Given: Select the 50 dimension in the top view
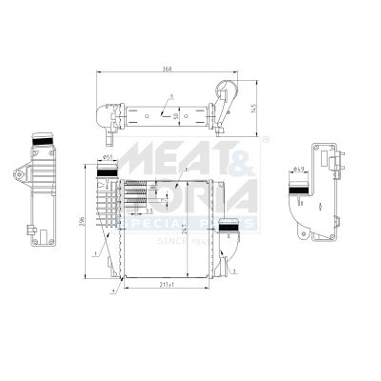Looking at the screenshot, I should [175, 114].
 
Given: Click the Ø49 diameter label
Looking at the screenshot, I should [299, 170].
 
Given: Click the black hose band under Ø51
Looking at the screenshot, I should [108, 170].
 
